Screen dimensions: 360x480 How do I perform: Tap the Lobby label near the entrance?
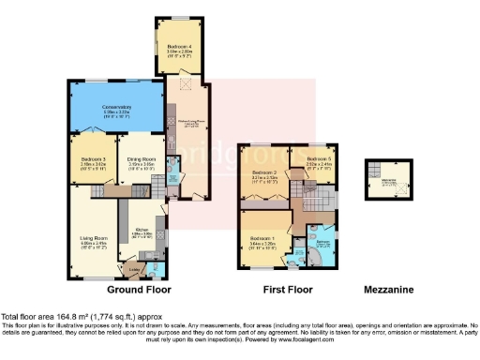click(x=132, y=268)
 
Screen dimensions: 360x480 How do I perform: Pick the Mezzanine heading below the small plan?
click(x=388, y=291)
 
